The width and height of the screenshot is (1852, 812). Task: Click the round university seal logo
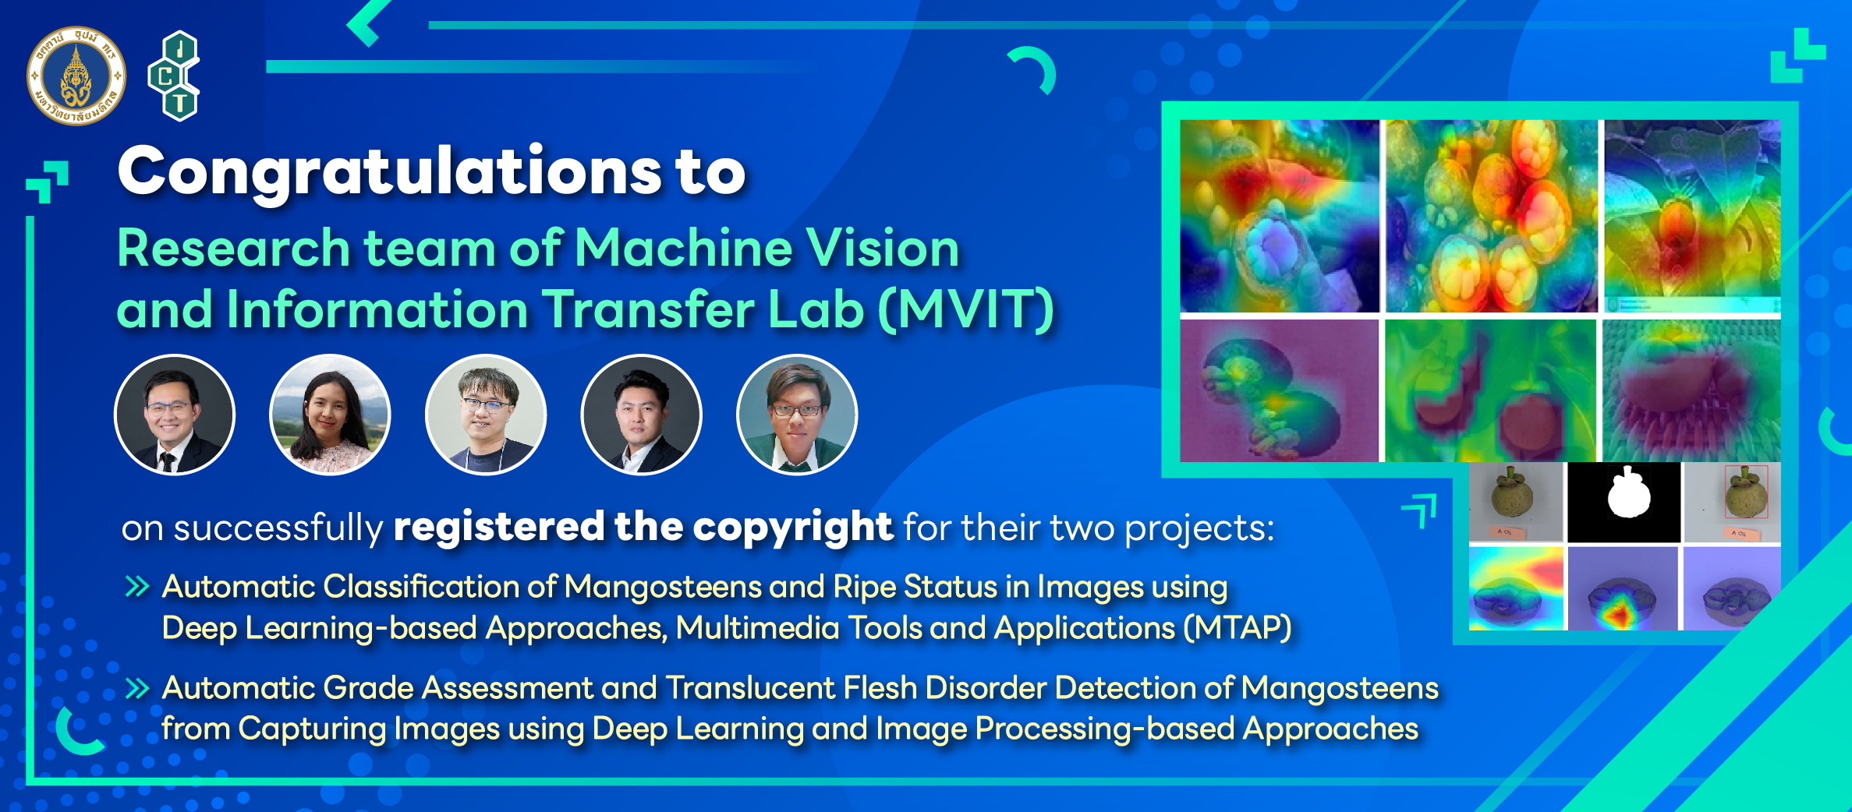[x=76, y=76]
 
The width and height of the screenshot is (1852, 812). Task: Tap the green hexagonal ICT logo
[x=174, y=76]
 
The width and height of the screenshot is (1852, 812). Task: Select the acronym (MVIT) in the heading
[x=967, y=310]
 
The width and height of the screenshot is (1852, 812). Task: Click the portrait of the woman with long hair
[x=330, y=415]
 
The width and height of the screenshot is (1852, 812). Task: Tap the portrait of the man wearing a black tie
[x=174, y=415]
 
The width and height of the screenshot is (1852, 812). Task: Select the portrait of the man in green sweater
[x=797, y=415]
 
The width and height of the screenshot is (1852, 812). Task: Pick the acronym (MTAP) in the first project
[x=1238, y=628]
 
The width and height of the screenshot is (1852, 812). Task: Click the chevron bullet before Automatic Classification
[x=137, y=587]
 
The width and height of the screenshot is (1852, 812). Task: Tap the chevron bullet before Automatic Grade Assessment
[x=137, y=688]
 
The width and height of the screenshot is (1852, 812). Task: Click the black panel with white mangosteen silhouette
[x=1624, y=503]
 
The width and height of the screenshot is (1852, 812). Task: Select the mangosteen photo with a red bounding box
[x=1733, y=503]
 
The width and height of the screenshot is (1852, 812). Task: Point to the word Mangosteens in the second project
[x=1340, y=688]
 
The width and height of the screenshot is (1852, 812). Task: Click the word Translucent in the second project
[x=750, y=688]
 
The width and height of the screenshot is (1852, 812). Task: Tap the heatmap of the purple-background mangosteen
[x=1279, y=390]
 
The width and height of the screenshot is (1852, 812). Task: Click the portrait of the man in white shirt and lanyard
[x=486, y=415]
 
